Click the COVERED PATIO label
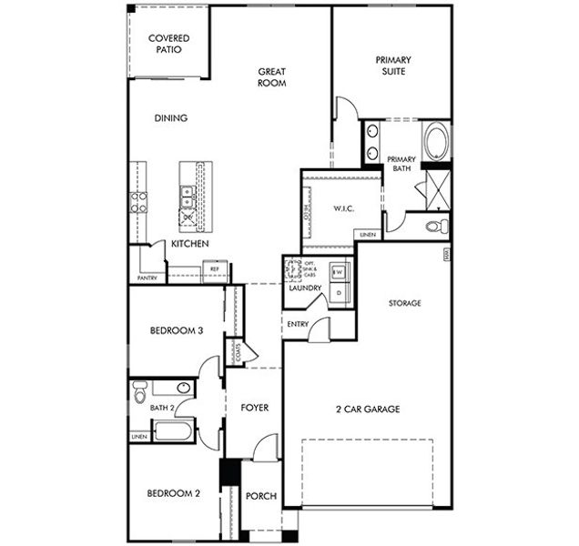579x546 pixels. point(168,43)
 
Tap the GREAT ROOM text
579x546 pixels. point(272,76)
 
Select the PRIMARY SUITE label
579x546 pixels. point(392,66)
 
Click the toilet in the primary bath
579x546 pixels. point(436,224)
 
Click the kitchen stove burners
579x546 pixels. point(139,201)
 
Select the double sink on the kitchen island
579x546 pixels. point(187,193)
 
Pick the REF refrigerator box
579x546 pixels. point(216,269)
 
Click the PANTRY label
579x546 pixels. point(147,278)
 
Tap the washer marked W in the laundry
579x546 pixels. point(337,272)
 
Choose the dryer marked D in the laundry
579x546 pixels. point(337,293)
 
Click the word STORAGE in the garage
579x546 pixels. point(404,303)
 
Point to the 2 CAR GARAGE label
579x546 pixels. point(367,409)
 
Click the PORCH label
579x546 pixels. point(261,496)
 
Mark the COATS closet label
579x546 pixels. point(237,352)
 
